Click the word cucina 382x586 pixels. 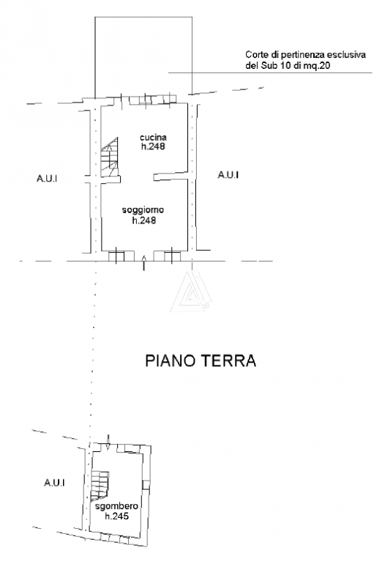pyautogui.click(x=154, y=137)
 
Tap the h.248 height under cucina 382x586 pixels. pyautogui.click(x=154, y=146)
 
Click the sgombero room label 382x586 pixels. pyautogui.click(x=113, y=506)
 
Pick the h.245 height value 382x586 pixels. pyautogui.click(x=115, y=516)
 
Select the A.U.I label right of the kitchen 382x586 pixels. pyautogui.click(x=228, y=174)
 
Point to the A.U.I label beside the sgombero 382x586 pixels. pyautogui.click(x=54, y=482)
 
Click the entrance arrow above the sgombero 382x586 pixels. pyautogui.click(x=108, y=441)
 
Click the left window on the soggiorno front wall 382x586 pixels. pyautogui.click(x=116, y=256)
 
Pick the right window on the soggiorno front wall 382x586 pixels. pyautogui.click(x=172, y=256)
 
